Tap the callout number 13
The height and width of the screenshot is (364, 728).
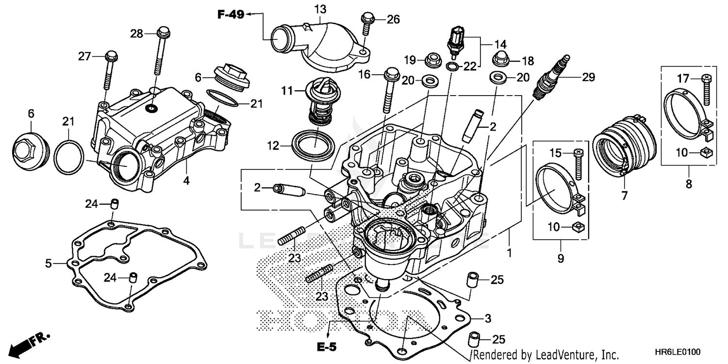coord(320,9)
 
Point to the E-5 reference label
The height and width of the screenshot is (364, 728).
coord(327,347)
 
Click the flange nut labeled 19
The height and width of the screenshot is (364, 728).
coord(432,61)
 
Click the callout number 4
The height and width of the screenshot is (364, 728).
coord(186,181)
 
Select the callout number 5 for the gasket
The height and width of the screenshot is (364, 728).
coord(49,264)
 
